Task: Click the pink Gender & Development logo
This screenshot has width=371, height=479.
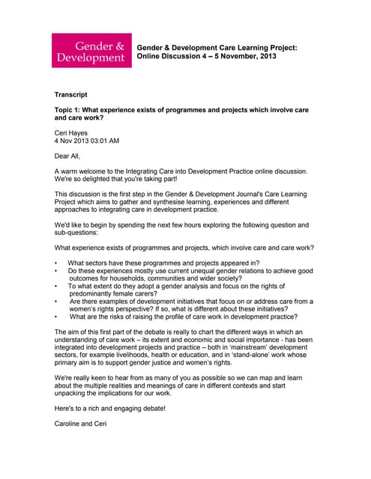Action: point(91,51)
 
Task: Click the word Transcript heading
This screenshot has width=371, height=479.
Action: point(71,95)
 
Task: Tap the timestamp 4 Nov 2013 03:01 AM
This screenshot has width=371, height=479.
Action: point(87,141)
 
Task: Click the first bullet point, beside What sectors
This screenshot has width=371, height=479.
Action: point(56,263)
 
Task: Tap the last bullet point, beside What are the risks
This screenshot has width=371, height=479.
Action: point(56,317)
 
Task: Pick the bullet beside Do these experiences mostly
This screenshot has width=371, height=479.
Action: point(56,271)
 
